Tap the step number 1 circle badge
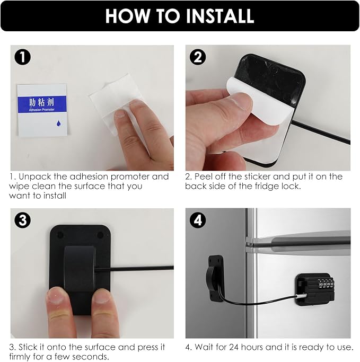click(23, 57)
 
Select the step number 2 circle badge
click(198, 57)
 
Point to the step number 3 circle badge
click(23, 220)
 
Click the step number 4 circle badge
click(198, 220)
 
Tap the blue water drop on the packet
click(59, 123)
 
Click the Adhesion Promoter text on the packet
click(42, 110)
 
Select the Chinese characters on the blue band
click(41, 102)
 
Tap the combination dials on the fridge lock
click(326, 284)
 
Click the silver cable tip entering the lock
click(300, 296)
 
